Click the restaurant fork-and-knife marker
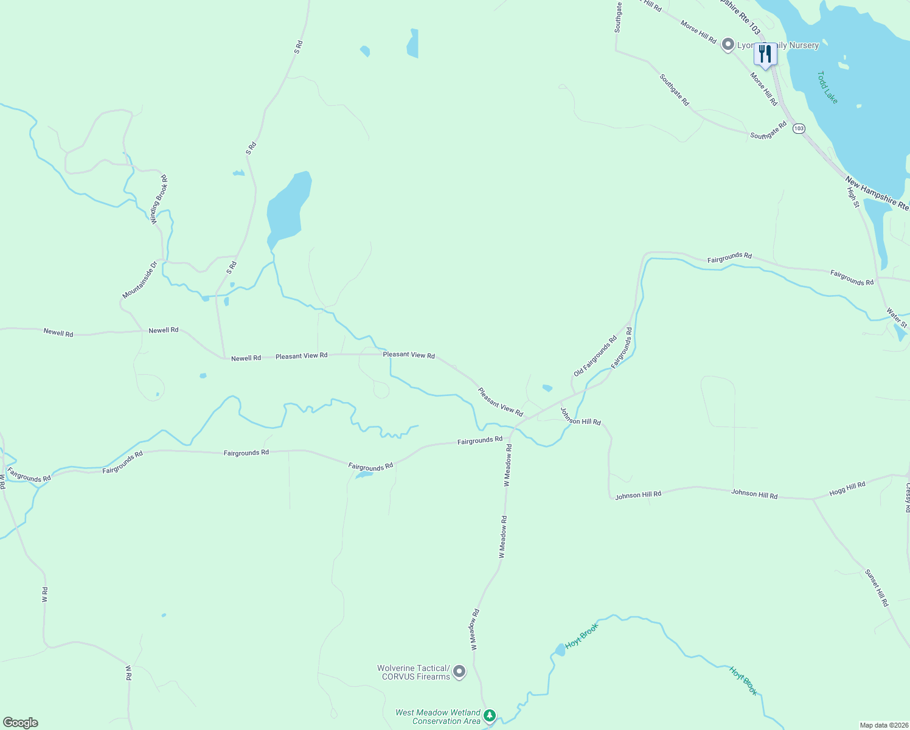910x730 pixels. [765, 54]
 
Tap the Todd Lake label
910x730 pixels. [827, 88]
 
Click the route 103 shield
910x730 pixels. [799, 128]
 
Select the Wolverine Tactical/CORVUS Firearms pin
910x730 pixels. [459, 672]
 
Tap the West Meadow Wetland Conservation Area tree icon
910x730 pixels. [490, 716]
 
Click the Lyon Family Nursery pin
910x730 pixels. [728, 45]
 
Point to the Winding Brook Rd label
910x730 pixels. [159, 200]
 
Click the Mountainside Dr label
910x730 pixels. [140, 280]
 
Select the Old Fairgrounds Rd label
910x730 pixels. [595, 356]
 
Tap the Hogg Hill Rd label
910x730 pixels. [847, 488]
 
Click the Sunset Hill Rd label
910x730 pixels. [877, 588]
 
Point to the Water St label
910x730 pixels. [897, 318]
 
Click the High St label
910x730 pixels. [853, 197]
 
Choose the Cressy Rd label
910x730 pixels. [907, 497]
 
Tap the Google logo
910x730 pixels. [21, 723]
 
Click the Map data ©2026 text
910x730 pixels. [883, 725]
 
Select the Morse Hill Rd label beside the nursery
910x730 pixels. [698, 32]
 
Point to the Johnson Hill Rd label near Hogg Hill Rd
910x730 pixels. [754, 495]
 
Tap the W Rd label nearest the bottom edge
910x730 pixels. [128, 672]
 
